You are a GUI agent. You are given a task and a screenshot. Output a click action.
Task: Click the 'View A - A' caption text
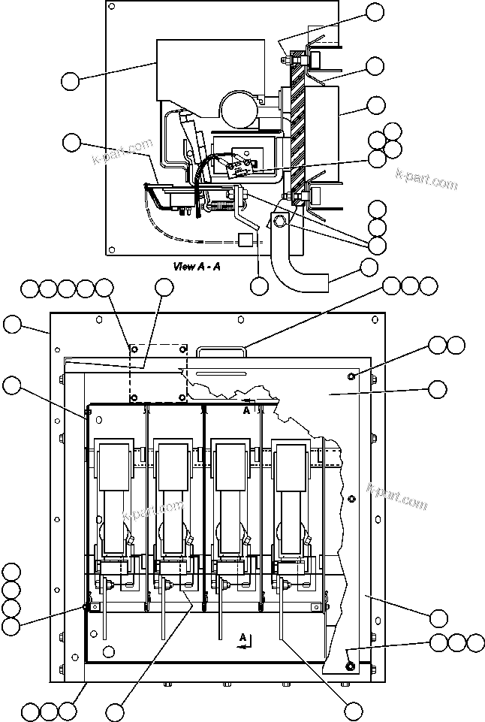point(196,266)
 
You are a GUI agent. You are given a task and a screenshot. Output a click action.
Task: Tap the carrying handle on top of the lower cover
point(222,351)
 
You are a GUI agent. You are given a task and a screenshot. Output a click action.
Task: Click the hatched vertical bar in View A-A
point(300,128)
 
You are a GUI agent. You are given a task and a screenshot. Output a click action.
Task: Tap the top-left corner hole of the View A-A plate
point(111,8)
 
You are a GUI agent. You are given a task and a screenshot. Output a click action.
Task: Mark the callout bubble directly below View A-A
point(258,285)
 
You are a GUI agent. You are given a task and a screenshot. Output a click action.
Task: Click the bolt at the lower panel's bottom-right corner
point(350,665)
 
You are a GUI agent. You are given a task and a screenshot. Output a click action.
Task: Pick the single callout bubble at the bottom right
point(353,710)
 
